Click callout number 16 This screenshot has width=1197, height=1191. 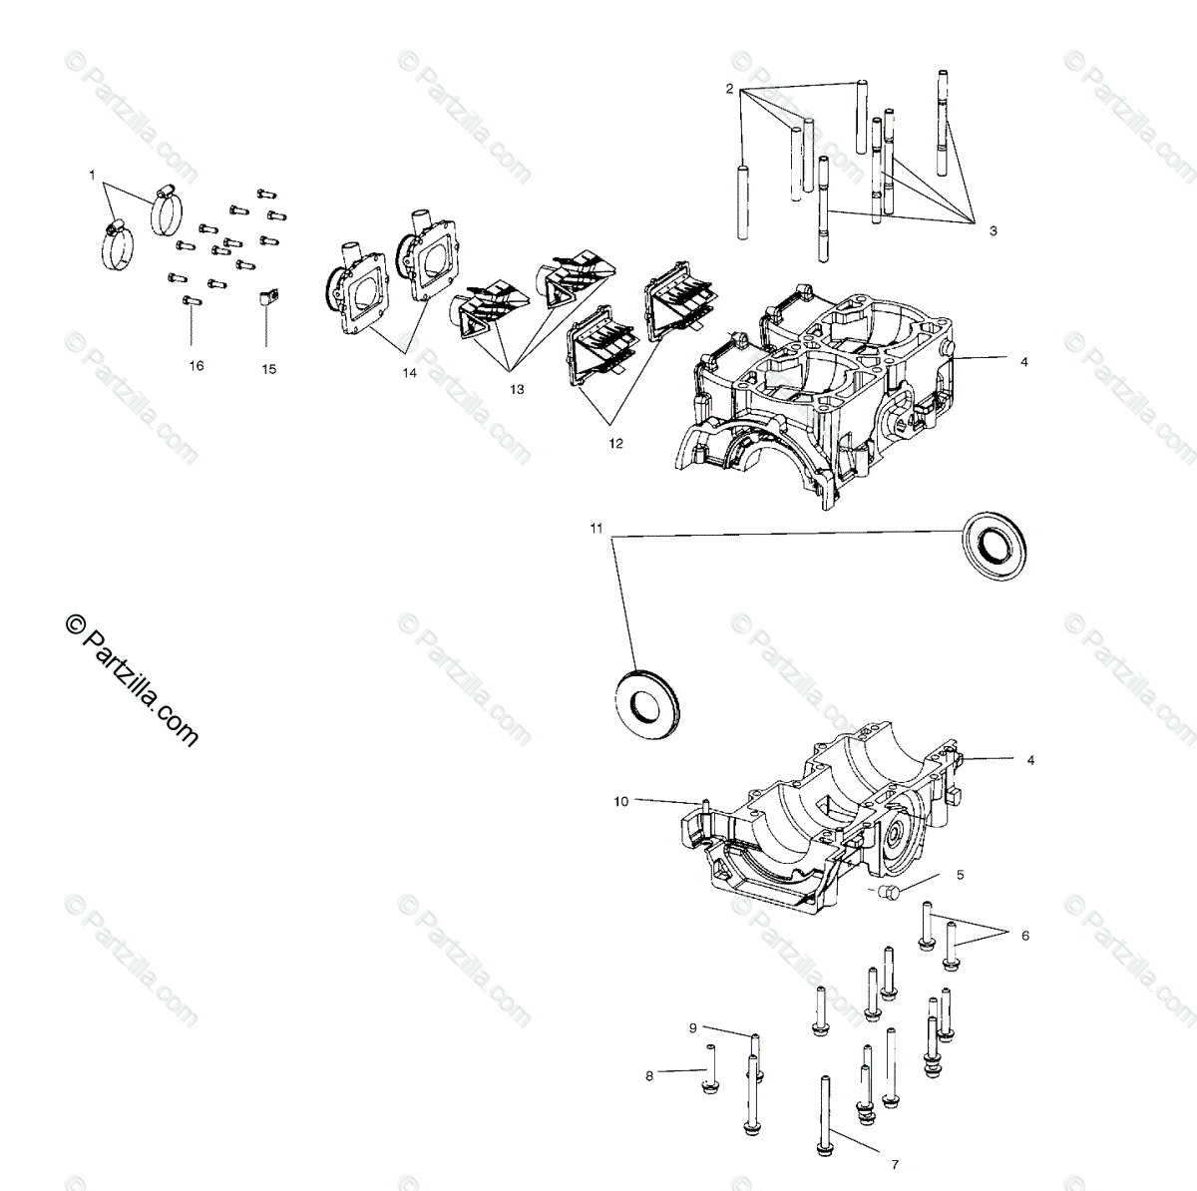[x=197, y=366]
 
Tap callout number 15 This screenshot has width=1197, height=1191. [x=268, y=369]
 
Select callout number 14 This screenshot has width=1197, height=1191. [x=409, y=372]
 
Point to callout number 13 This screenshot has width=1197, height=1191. [x=516, y=390]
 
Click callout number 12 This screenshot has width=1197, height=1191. [x=615, y=443]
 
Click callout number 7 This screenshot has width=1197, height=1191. [x=895, y=1163]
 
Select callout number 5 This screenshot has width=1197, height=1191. [x=960, y=875]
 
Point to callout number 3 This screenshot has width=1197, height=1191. [x=993, y=230]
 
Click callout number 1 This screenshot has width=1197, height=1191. [x=92, y=175]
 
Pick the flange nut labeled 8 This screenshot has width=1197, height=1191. [x=712, y=1082]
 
